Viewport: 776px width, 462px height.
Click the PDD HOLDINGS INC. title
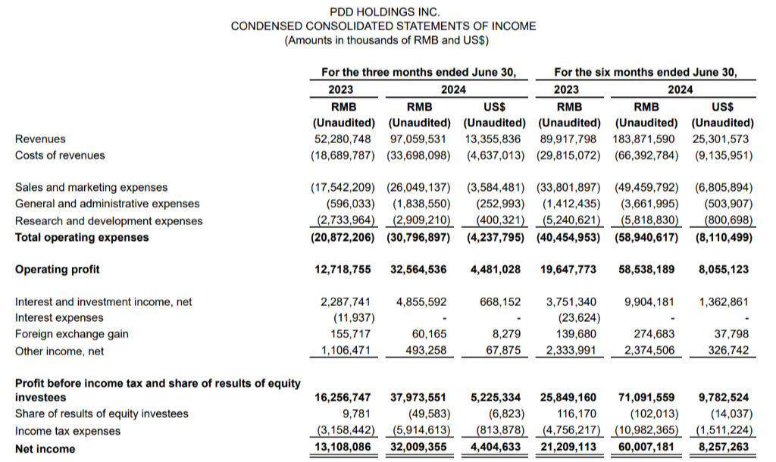pos(385,11)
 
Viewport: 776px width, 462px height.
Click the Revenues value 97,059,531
pos(419,139)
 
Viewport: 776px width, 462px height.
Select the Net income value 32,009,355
pos(419,449)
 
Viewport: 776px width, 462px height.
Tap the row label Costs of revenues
pos(60,156)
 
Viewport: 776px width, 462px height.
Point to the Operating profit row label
pos(57,270)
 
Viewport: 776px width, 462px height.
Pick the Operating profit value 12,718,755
pos(344,270)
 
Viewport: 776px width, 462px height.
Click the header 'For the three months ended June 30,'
pos(418,73)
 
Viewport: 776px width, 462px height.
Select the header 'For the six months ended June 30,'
pos(645,73)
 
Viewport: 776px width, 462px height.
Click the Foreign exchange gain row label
pos(71,334)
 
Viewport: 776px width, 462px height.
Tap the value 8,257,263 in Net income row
pos(722,449)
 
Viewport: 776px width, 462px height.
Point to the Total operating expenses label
pos(82,238)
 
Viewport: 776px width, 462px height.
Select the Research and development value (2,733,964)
pos(344,221)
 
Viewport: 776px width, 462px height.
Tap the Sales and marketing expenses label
pos(91,187)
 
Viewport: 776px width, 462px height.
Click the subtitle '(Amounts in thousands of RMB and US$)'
pos(385,40)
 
